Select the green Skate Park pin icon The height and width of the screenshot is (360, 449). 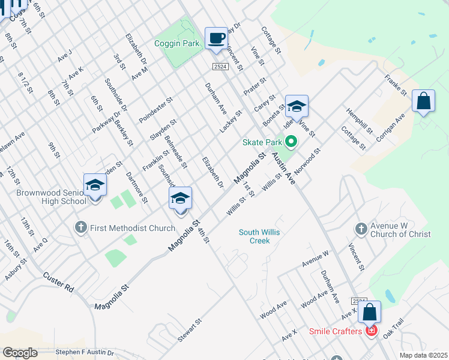(291, 142)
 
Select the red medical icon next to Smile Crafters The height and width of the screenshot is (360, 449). (372, 331)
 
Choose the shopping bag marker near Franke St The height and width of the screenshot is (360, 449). (423, 102)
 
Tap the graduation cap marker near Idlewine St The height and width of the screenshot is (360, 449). (296, 107)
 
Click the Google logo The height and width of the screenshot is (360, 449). (20, 353)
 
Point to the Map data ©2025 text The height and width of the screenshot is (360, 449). (423, 355)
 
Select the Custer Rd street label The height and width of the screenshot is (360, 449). (58, 282)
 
